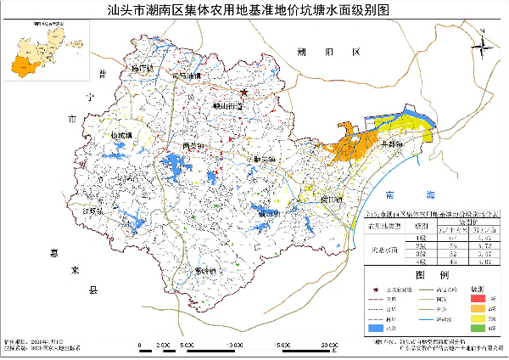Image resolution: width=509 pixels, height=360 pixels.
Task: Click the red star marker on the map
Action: tap(243, 92)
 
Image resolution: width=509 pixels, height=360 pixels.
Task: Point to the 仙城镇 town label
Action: tap(122, 135)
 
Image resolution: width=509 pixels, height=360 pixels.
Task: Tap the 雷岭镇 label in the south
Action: tap(206, 270)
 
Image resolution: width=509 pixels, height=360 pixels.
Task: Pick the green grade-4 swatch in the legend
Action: tap(478, 328)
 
